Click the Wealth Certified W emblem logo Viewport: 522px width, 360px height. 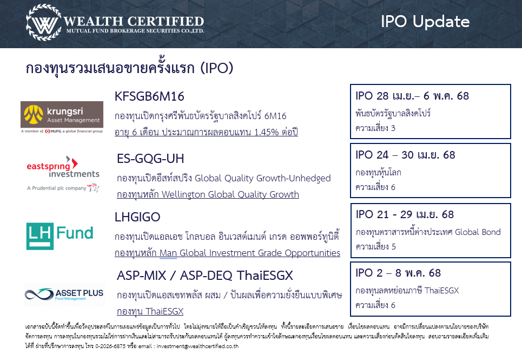44,22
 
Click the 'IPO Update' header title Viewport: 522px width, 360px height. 425,22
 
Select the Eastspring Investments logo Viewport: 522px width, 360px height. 63,174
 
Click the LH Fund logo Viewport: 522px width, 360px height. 60,236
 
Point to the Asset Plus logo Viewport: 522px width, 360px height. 64,294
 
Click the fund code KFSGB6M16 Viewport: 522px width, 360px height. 149,96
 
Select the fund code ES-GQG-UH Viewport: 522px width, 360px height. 150,159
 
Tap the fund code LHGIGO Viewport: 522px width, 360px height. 137,217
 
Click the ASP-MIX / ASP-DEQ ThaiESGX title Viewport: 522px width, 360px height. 204,276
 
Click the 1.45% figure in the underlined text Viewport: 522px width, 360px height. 266,132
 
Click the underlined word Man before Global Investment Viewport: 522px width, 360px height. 168,253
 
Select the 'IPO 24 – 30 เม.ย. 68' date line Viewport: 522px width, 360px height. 405,155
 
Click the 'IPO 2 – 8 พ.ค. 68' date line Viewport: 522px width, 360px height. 398,273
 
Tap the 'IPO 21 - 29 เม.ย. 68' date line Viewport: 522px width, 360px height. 405,214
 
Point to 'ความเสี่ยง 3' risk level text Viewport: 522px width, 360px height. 375,128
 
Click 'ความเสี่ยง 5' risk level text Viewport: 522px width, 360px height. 375,247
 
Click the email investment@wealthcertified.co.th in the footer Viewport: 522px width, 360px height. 198,346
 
